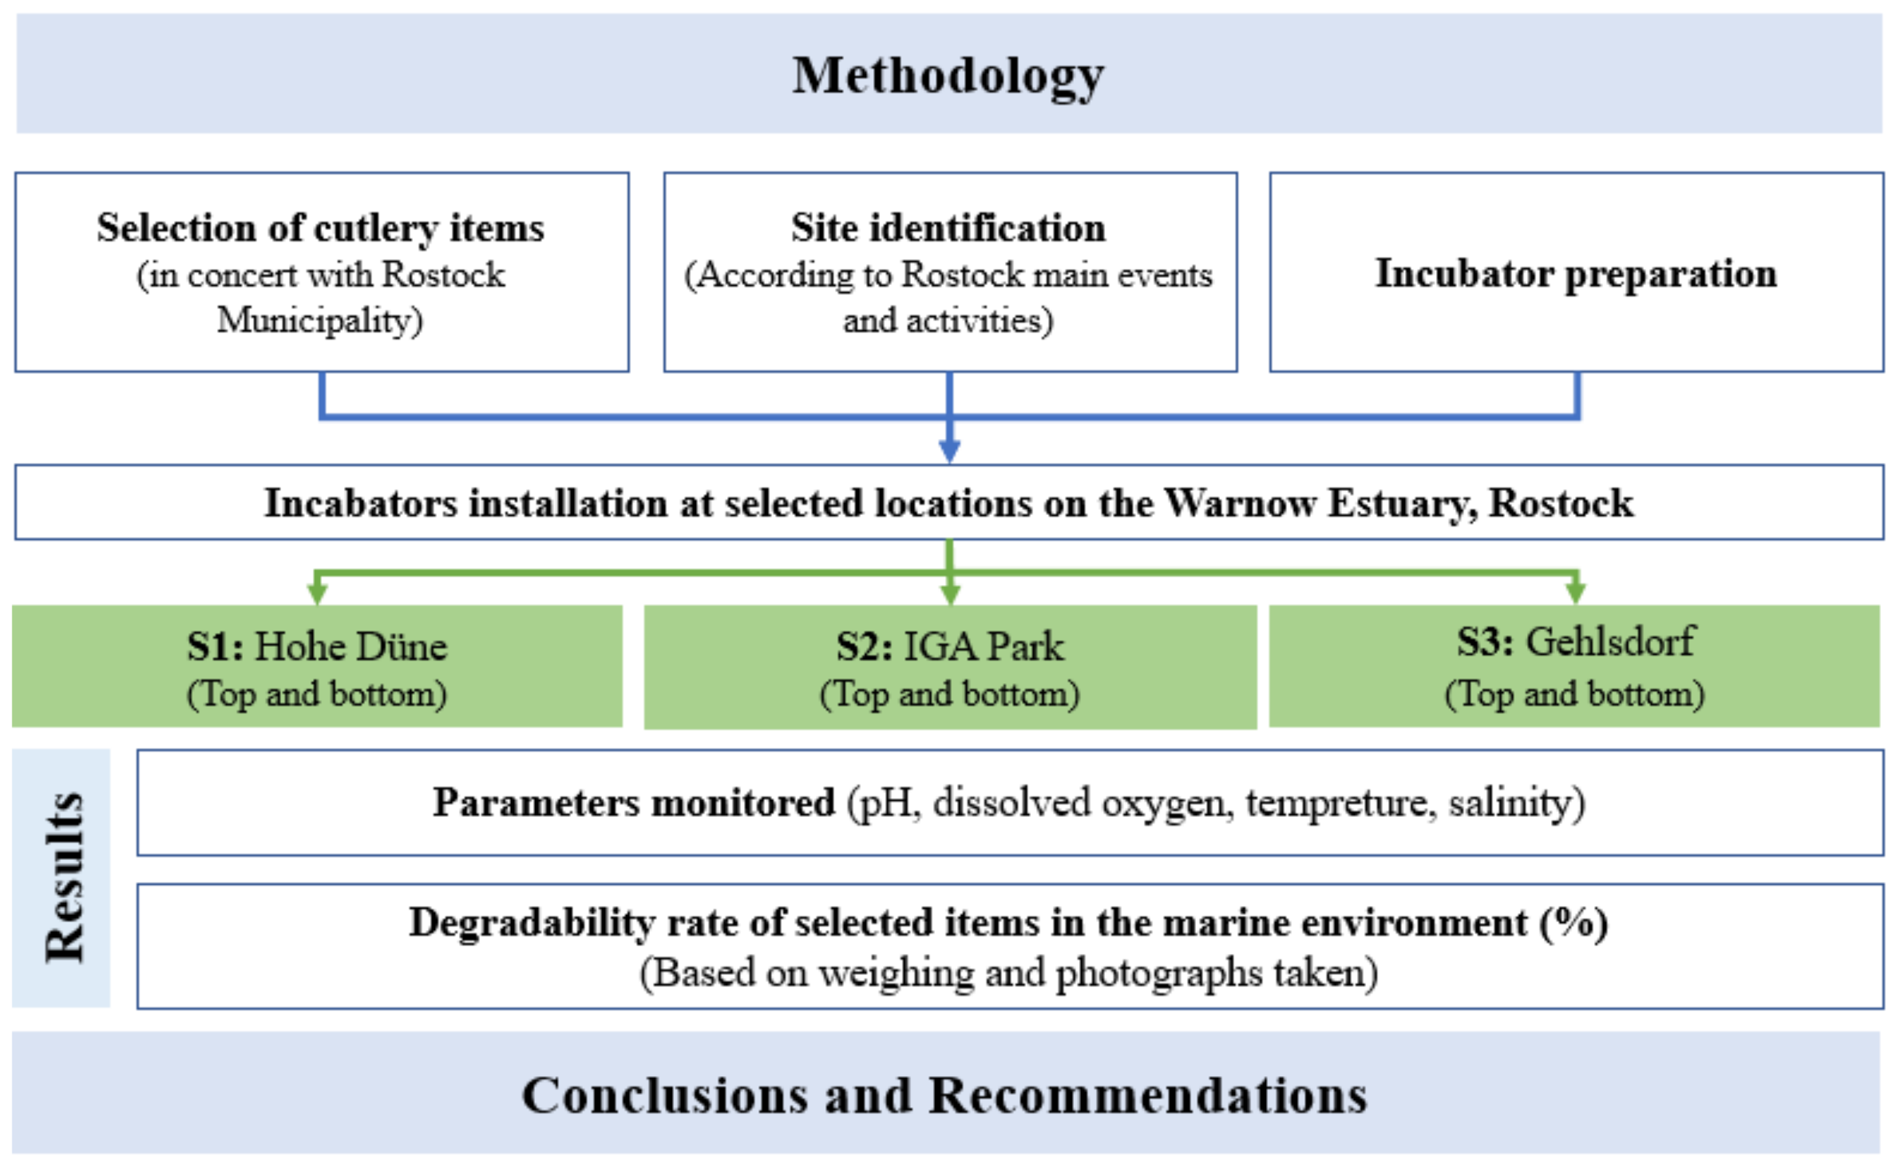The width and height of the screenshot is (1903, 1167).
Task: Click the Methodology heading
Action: [949, 76]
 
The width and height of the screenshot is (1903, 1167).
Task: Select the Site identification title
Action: [949, 228]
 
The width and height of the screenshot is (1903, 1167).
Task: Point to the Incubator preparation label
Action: [1576, 273]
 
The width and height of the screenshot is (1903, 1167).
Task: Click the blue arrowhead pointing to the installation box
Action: [950, 450]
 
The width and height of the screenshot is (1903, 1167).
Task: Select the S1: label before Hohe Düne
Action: [216, 646]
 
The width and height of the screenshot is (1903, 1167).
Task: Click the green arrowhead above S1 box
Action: [317, 593]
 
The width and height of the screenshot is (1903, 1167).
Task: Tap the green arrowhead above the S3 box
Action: [1576, 593]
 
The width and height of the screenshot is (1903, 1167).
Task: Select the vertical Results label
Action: [64, 878]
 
